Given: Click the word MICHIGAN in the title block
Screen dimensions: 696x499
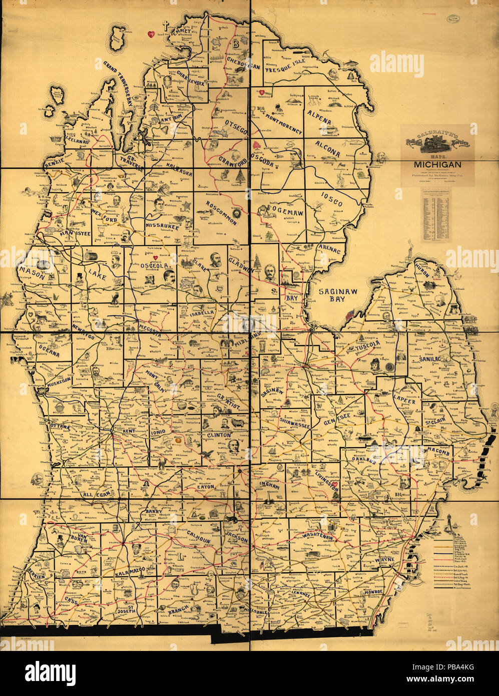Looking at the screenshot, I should (x=437, y=164).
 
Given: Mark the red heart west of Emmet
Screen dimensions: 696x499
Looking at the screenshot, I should (x=149, y=34).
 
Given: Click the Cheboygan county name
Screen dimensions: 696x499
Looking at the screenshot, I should (x=242, y=65).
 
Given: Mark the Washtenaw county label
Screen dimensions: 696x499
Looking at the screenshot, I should (x=322, y=535).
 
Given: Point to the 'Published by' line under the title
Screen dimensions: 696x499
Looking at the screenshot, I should (x=437, y=176).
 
